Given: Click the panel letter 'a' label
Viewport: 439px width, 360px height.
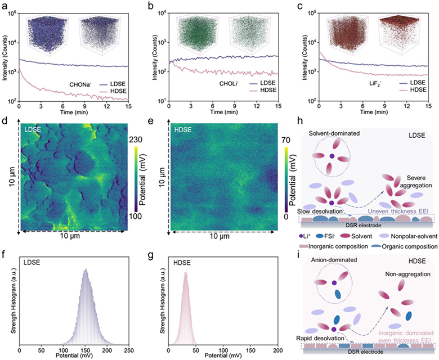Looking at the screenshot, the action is coord(4,6).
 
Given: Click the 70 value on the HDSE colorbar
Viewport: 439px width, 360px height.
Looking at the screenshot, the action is coord(286,139).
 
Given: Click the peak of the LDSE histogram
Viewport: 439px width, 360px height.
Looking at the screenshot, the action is coord(86,269).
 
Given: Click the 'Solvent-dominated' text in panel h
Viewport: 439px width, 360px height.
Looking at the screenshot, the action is coord(334,134).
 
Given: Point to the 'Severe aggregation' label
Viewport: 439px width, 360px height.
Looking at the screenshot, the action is coord(416,182).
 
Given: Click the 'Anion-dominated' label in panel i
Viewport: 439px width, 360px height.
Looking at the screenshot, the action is coord(334,260).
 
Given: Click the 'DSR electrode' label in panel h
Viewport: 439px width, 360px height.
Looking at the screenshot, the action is coord(365,225).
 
